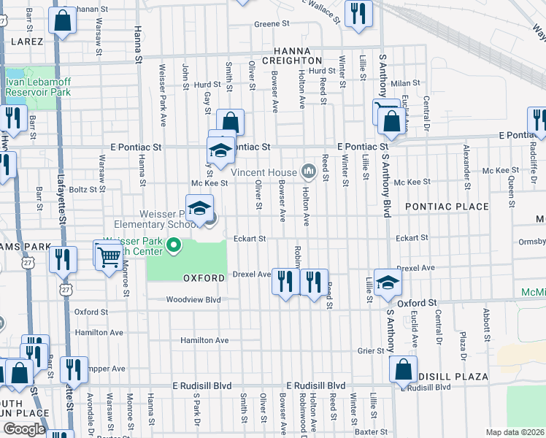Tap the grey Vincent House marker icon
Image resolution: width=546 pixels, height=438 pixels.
pos(308,172)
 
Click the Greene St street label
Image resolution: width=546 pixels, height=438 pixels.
pos(272,24)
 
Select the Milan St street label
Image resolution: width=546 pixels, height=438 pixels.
pos(407,83)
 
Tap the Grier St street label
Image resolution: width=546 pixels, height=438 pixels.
pos(371,350)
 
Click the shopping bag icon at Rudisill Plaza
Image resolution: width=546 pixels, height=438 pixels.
pos(404,372)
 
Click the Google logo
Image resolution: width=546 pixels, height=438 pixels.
pos(24,429)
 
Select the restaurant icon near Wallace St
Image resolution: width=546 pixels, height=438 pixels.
pos(358,15)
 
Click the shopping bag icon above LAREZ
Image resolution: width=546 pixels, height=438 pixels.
pos(64,22)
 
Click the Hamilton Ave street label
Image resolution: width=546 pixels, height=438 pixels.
pos(204,340)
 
